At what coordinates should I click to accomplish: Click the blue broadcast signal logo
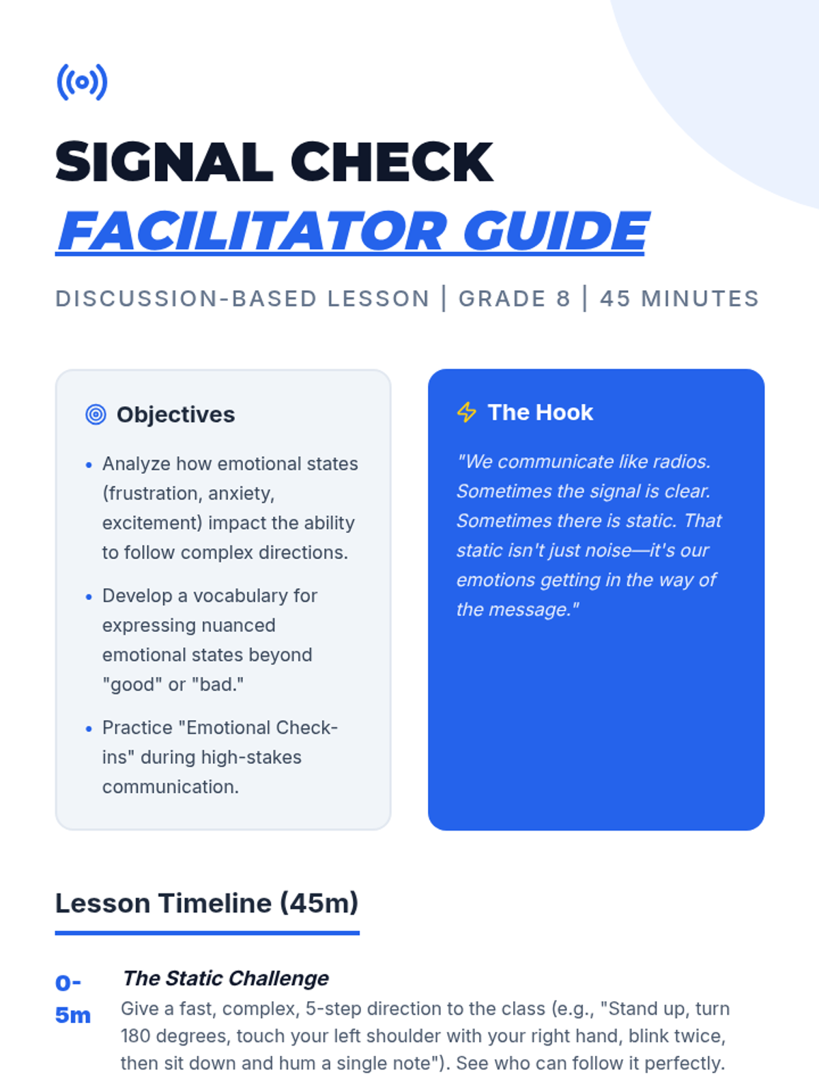[82, 82]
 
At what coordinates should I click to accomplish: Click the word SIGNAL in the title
[164, 162]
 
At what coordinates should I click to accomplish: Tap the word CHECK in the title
[392, 162]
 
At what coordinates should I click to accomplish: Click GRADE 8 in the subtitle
[514, 298]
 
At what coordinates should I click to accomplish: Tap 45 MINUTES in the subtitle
[679, 298]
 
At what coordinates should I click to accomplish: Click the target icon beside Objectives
[96, 414]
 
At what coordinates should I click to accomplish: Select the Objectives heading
[175, 414]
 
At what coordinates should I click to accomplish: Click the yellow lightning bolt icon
[466, 412]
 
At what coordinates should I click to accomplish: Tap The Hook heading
[540, 412]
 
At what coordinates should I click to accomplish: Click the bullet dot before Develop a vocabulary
[89, 597]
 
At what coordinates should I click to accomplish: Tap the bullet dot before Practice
[89, 729]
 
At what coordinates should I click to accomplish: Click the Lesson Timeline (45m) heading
[207, 903]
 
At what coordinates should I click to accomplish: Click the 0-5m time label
[72, 999]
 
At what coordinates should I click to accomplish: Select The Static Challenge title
[225, 978]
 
